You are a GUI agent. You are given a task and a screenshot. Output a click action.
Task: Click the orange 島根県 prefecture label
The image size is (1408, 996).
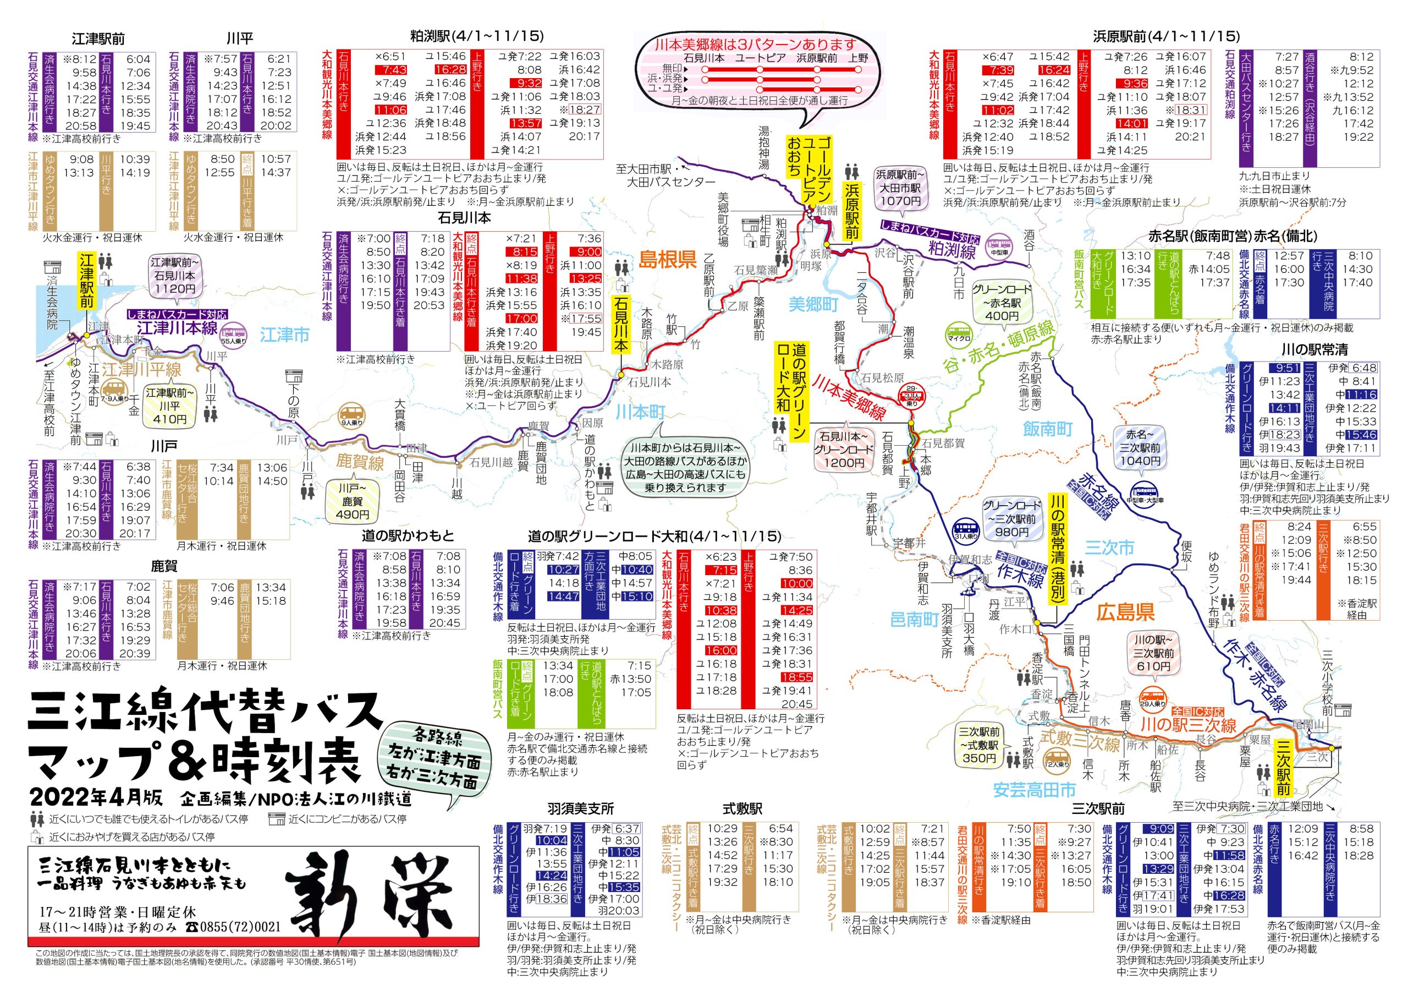(x=667, y=260)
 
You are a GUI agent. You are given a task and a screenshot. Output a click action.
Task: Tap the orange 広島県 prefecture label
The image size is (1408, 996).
(x=1125, y=612)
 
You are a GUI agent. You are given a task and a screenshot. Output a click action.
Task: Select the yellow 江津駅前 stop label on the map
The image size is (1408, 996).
(x=86, y=282)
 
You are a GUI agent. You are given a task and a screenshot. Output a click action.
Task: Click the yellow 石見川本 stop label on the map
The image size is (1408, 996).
(x=620, y=325)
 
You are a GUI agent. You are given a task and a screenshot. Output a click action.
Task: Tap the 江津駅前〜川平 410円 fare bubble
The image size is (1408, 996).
(x=169, y=406)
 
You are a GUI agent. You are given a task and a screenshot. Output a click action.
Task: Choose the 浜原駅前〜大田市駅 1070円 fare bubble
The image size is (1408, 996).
(x=900, y=188)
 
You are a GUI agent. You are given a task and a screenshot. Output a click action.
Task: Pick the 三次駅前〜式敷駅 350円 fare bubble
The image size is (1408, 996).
(x=979, y=745)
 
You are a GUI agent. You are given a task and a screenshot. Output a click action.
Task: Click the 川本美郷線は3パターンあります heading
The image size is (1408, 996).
(x=755, y=44)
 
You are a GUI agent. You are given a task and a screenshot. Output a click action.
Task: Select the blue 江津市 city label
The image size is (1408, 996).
(x=284, y=335)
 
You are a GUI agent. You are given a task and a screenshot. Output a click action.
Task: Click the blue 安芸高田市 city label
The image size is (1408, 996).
(x=1035, y=790)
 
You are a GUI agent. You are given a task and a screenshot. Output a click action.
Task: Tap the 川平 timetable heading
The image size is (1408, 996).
(x=239, y=39)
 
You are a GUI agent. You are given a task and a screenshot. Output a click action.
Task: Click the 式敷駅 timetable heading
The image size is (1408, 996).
(x=742, y=809)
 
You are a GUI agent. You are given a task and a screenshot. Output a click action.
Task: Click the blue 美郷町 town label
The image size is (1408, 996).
(x=813, y=304)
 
